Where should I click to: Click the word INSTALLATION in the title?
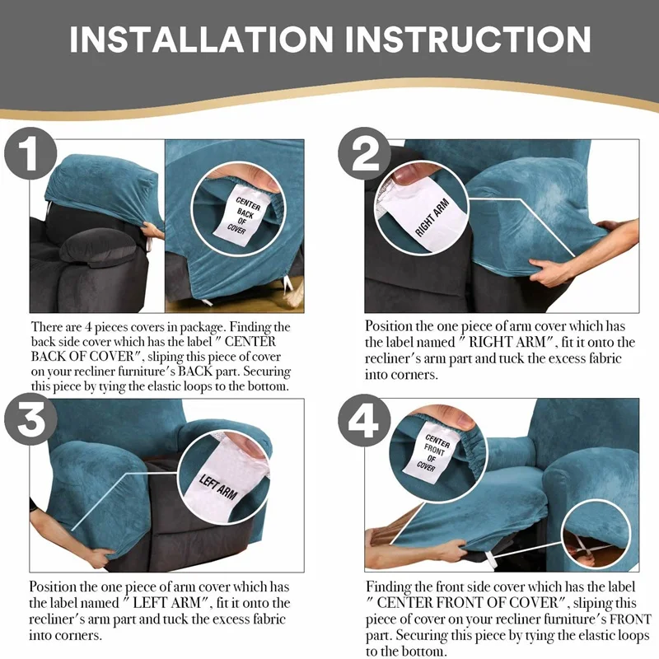point(202,40)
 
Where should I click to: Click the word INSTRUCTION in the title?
point(468,40)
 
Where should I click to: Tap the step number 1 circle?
point(30,154)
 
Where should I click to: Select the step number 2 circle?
point(364,154)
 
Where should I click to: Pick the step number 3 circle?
point(30,419)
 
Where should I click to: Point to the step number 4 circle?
point(364,420)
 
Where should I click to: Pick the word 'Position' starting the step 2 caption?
point(388,326)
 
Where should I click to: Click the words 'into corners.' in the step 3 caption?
point(65,634)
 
